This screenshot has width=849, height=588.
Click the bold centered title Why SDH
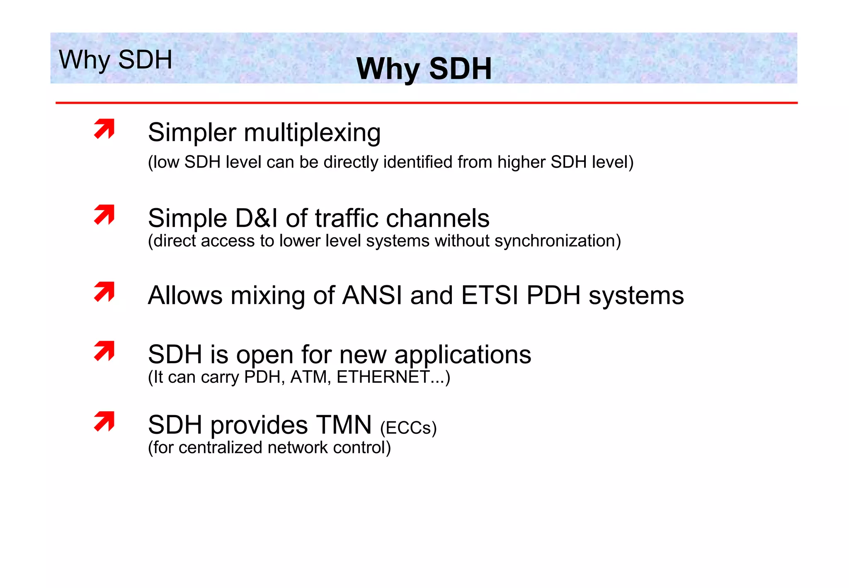(424, 68)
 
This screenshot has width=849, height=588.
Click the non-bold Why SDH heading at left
(115, 59)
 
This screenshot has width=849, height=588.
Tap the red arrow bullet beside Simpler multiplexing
(104, 129)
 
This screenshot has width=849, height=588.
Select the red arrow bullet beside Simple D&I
(104, 214)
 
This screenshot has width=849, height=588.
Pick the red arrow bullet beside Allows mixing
(104, 292)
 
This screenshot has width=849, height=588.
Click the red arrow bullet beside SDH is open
(104, 351)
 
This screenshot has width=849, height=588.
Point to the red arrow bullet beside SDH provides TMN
(104, 421)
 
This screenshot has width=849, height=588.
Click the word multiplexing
(312, 134)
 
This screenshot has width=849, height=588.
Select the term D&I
(256, 218)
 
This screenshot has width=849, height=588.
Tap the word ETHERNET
(383, 377)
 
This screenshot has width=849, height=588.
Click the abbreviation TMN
(344, 425)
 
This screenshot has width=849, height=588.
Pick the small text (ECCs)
(408, 428)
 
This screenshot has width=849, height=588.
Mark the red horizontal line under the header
(426, 102)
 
